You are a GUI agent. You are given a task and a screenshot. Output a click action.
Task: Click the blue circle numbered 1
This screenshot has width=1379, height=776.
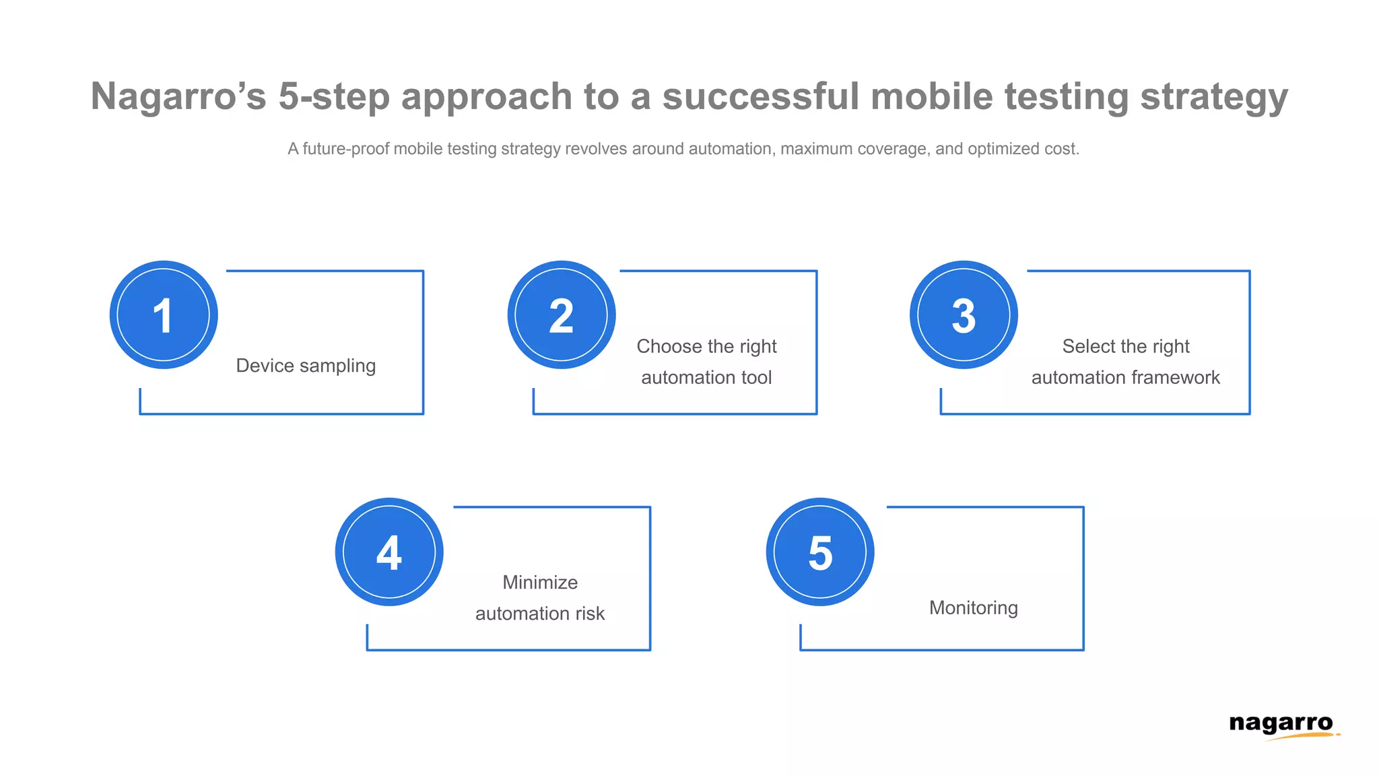coord(164,315)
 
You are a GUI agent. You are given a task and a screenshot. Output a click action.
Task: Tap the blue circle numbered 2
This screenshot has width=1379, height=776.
coord(562,315)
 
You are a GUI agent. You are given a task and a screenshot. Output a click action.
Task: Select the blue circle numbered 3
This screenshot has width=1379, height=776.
coord(964,315)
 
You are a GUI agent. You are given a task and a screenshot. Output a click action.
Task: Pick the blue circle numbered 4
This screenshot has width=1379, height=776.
coord(389,552)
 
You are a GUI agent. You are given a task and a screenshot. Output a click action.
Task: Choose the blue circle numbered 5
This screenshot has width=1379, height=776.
coord(820,552)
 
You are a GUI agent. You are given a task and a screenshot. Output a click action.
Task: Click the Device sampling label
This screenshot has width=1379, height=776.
coord(306,366)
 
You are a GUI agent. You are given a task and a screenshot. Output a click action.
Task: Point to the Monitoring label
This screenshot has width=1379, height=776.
coord(974,608)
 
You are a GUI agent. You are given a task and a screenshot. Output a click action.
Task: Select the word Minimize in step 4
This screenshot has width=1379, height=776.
coord(540,582)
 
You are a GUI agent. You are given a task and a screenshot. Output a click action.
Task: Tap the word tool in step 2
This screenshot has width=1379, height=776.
coord(756,377)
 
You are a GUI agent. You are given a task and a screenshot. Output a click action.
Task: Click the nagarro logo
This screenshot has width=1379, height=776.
coord(1281,725)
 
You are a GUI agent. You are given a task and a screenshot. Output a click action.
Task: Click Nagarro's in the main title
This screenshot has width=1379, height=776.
coord(178,96)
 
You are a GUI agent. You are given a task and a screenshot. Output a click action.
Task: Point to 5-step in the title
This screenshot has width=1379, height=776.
coord(334,96)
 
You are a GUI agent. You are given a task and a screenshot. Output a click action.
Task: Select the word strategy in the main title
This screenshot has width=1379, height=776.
coord(1214,96)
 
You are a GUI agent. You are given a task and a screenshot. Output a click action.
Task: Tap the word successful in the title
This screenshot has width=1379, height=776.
coord(761,96)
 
